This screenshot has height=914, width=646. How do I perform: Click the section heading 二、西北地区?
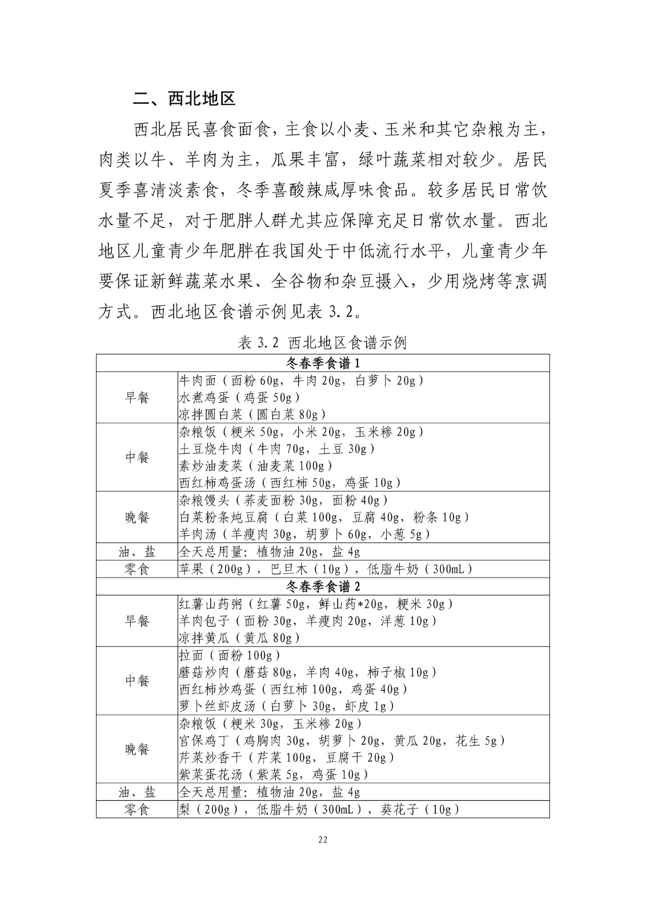[x=184, y=99]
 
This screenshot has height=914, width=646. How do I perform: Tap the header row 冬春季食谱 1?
[x=323, y=363]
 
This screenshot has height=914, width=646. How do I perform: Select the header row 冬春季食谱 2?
[x=323, y=587]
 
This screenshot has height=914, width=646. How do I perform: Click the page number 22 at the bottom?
[x=323, y=840]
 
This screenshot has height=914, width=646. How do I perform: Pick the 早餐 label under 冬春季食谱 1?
[x=137, y=398]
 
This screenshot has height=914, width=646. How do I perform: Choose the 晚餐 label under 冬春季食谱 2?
[x=137, y=749]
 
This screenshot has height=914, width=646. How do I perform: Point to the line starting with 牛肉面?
[x=302, y=380]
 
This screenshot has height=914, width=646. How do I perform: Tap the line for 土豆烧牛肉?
[x=277, y=448]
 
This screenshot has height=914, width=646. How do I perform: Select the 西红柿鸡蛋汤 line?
[x=290, y=483]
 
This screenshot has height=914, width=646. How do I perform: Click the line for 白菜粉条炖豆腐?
[x=324, y=517]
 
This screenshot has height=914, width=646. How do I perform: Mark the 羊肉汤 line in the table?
[x=304, y=534]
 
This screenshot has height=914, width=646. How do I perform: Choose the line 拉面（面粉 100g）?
[x=230, y=655]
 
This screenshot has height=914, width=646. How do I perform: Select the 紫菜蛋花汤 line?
[x=274, y=775]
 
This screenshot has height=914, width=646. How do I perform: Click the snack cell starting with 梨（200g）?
[x=319, y=809]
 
